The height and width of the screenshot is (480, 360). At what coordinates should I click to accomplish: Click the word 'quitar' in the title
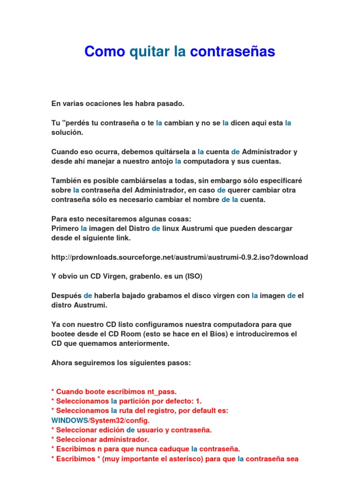click(149, 52)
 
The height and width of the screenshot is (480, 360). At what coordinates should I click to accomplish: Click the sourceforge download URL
click(180, 257)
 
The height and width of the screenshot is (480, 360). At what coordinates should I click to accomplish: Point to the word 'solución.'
click(67, 133)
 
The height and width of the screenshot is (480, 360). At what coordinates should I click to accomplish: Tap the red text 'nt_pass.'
click(162, 391)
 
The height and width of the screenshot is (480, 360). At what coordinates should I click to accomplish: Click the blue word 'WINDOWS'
click(69, 420)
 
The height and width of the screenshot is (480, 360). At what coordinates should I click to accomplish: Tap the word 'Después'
click(66, 296)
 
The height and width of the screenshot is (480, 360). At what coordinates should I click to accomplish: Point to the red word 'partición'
click(136, 401)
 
